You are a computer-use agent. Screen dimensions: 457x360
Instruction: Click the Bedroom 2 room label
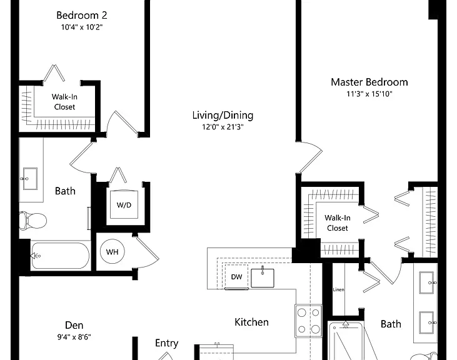(x=82, y=15)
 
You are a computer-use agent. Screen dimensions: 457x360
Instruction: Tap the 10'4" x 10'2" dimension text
(x=82, y=27)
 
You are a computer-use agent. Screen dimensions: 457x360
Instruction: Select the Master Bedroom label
(x=369, y=82)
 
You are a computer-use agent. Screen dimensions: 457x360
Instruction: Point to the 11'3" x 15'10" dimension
(x=369, y=94)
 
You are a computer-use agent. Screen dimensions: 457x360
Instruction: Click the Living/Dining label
(x=223, y=116)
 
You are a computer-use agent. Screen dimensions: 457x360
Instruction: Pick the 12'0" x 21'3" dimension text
(x=223, y=127)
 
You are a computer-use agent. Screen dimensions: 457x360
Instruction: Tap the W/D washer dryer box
(x=124, y=204)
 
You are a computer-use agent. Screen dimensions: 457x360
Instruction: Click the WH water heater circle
(x=112, y=251)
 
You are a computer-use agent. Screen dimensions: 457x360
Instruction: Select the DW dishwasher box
(x=236, y=277)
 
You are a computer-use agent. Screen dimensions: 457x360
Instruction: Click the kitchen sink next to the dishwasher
(x=263, y=277)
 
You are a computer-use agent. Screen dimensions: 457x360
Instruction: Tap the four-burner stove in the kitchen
(x=308, y=321)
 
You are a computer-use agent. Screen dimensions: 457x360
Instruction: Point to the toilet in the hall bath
(x=33, y=220)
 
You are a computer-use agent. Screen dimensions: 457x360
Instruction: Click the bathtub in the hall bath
(x=60, y=256)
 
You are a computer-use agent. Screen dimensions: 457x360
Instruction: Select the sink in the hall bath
(x=30, y=179)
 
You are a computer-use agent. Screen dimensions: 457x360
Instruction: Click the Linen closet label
(x=338, y=289)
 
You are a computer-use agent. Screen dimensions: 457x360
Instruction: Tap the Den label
(x=74, y=325)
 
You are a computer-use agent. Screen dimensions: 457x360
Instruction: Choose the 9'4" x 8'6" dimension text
(x=74, y=337)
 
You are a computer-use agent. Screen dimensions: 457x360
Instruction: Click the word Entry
(x=166, y=343)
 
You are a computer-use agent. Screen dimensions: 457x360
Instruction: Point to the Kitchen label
(x=251, y=322)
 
